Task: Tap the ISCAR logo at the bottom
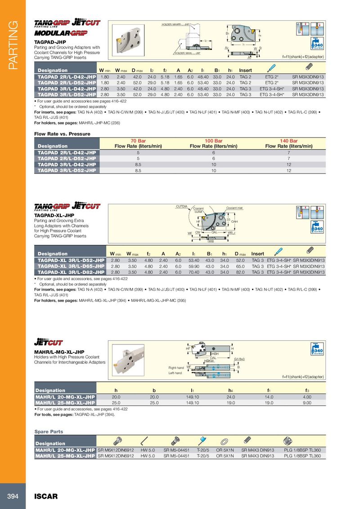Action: pos(46,496)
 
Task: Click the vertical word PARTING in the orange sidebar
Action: pos(12,45)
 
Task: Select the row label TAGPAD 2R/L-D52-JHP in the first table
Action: pos(66,83)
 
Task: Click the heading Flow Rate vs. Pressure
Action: pos(63,134)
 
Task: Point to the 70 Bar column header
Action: pos(138,141)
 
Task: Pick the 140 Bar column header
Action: pos(288,141)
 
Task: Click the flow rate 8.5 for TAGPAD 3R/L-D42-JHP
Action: pos(138,165)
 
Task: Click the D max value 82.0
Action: pos(240,272)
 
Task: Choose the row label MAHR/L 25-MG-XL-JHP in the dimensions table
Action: pos(65,403)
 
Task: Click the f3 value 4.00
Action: pos(307,397)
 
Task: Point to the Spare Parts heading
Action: pos(49,432)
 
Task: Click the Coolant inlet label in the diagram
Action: pos(234,208)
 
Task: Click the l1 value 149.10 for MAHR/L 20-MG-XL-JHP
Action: pos(192,397)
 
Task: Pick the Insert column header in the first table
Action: pos(245,70)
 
